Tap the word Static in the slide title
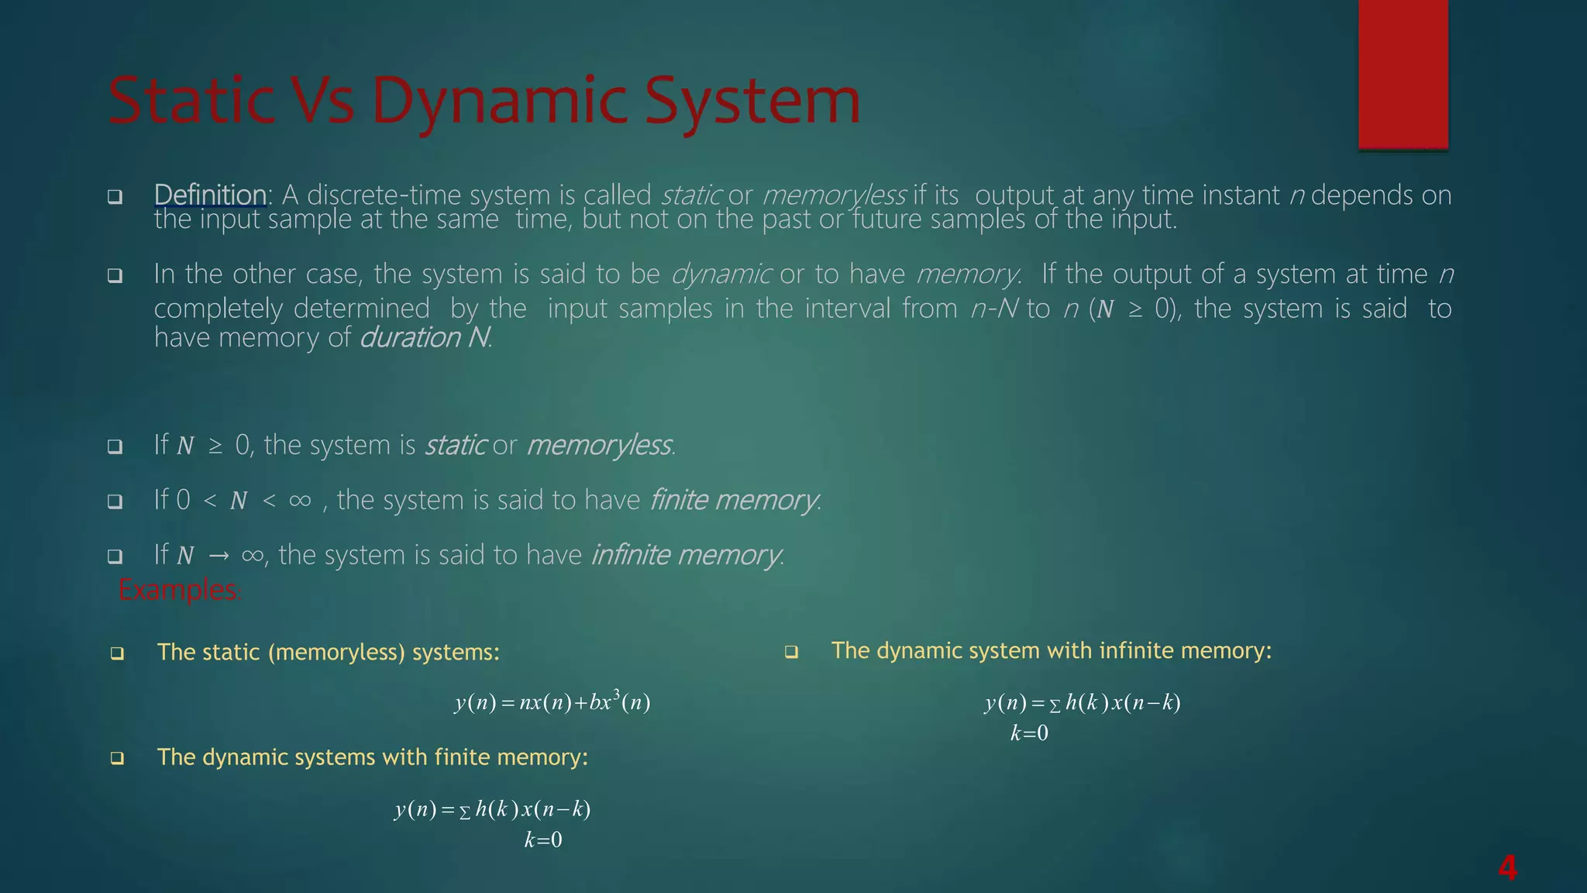click(191, 101)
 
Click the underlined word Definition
click(210, 195)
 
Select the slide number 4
click(1507, 867)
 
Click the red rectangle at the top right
click(1403, 74)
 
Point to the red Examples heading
click(179, 591)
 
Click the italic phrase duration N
click(425, 338)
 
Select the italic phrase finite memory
click(734, 500)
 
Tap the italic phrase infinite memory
click(686, 555)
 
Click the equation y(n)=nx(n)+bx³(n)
click(552, 702)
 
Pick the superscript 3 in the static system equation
click(616, 692)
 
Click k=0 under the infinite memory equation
click(1029, 733)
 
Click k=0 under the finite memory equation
click(543, 840)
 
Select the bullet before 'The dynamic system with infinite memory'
click(791, 652)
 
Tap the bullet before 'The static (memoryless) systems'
click(117, 653)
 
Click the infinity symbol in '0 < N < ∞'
click(300, 501)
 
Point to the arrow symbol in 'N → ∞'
click(219, 556)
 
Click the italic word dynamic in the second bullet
click(721, 274)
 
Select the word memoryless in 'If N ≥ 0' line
click(599, 446)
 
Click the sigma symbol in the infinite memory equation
click(1055, 705)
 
